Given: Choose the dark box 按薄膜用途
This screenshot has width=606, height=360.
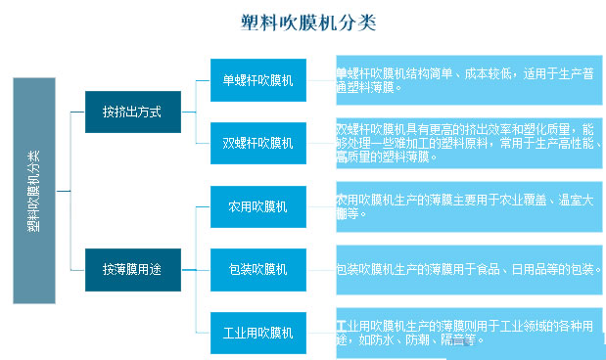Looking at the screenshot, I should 131,267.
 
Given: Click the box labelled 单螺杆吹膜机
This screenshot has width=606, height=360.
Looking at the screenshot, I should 257,78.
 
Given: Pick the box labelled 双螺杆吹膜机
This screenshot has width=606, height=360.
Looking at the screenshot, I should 257,143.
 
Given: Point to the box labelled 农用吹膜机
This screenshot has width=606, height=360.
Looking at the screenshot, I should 257,206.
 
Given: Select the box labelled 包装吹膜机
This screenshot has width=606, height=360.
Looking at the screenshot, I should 257,268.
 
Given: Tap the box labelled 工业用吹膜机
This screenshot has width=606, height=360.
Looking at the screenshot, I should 257,333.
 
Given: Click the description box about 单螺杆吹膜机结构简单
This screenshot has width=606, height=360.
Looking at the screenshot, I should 468,79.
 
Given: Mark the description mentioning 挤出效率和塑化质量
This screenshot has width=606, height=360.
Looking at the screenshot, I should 468,143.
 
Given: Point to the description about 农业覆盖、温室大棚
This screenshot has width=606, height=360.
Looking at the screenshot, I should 468,206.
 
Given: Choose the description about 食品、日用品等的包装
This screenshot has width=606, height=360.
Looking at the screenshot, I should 468,269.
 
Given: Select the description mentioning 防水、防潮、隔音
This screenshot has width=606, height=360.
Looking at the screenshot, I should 468,333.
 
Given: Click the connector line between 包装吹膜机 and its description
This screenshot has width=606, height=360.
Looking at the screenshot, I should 320,268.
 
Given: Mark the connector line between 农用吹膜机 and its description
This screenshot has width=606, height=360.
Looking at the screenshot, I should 320,206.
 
